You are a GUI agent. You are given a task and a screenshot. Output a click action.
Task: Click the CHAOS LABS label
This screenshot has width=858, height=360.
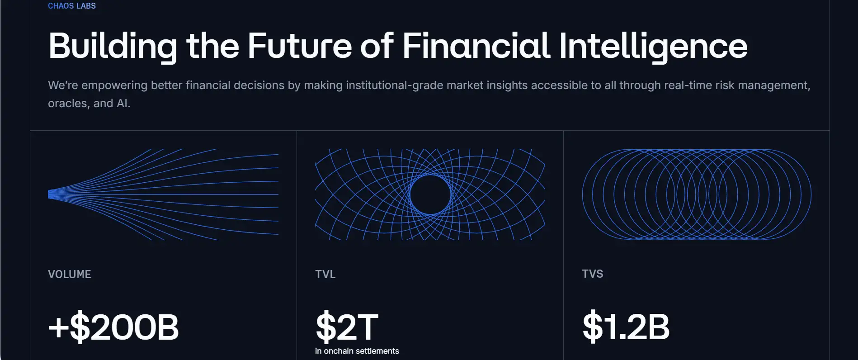click(x=72, y=6)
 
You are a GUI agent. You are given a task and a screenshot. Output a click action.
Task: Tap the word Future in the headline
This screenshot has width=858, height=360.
click(x=299, y=46)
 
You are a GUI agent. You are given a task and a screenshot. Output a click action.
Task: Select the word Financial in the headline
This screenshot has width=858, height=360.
click(x=476, y=46)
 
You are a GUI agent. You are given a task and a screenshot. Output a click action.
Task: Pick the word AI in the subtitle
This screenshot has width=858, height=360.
click(x=123, y=103)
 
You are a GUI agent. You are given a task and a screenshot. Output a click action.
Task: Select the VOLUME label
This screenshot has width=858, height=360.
click(x=70, y=274)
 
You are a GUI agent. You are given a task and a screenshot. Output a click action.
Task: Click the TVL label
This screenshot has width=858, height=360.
click(x=325, y=274)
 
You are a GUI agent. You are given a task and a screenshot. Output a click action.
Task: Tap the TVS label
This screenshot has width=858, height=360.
click(x=593, y=274)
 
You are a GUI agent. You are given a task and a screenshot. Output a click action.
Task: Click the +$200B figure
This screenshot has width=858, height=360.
click(x=113, y=327)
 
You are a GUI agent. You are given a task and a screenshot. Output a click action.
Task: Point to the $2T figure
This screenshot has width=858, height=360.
click(x=347, y=327)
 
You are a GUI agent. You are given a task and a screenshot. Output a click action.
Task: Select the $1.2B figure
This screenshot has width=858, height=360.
click(x=626, y=326)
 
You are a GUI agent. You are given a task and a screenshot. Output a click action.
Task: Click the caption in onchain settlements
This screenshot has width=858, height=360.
click(x=357, y=351)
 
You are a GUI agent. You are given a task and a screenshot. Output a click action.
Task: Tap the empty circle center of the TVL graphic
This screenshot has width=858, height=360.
click(x=430, y=194)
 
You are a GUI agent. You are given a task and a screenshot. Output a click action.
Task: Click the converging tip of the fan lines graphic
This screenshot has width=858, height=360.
click(x=49, y=194)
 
